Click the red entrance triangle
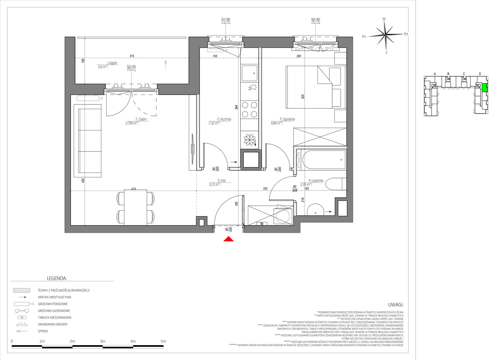228,239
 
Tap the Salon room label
143,119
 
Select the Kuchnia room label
226,119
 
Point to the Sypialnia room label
289,119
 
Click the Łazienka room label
318,181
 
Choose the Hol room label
223,181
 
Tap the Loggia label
113,63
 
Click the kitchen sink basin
249,73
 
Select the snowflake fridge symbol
249,140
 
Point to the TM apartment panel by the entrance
262,224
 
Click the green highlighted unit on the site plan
485,88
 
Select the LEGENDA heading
57,278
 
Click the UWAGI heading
396,305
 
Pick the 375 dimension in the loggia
132,56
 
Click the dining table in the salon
136,207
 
